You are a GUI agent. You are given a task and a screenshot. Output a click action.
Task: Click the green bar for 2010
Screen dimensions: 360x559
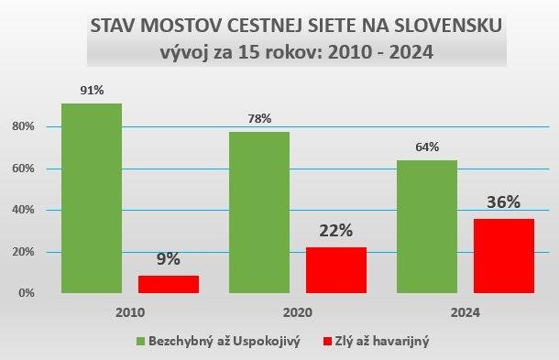(x=92, y=198)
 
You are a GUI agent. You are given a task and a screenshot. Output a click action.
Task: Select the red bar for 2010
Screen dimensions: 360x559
(x=169, y=284)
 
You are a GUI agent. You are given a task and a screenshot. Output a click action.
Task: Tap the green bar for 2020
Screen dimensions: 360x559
(x=259, y=213)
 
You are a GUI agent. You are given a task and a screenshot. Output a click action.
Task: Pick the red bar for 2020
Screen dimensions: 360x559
(x=336, y=270)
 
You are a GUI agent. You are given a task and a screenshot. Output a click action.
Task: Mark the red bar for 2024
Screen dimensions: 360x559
(x=504, y=256)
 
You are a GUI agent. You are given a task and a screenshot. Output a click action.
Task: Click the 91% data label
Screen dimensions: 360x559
(x=92, y=91)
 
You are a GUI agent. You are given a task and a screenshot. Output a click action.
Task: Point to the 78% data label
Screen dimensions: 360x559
(x=259, y=118)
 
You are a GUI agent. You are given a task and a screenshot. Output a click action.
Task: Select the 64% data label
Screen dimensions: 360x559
(x=427, y=147)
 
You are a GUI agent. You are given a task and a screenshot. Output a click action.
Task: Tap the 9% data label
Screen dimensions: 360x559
(x=168, y=259)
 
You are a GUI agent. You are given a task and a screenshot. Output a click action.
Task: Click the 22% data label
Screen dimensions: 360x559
(x=336, y=231)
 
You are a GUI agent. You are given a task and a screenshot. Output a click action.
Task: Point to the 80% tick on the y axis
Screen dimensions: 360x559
(x=24, y=126)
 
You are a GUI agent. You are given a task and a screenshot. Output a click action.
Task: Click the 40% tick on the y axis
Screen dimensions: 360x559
(x=24, y=210)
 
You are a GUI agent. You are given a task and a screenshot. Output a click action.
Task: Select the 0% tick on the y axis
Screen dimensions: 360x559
(x=27, y=293)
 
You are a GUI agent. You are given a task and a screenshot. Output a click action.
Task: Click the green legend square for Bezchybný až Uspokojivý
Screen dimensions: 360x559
(x=141, y=342)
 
